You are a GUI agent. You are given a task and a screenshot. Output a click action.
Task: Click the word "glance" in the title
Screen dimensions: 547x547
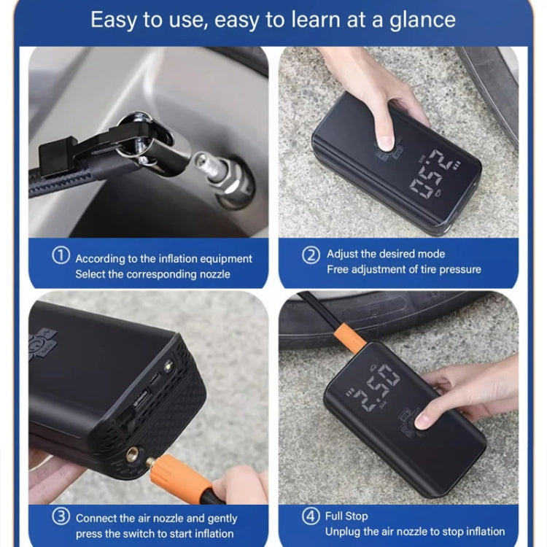point(419,19)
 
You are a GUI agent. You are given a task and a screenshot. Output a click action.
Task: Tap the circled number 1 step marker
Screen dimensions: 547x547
point(61,257)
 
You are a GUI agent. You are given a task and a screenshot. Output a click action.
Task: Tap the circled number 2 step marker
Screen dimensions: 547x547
point(311,255)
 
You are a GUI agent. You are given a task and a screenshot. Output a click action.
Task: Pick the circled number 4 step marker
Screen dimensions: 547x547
point(311,516)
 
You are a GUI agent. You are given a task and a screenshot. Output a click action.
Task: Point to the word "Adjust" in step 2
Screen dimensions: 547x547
point(344,254)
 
